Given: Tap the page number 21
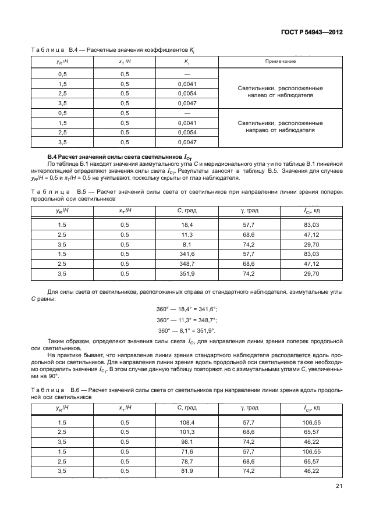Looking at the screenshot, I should (x=339, y=487).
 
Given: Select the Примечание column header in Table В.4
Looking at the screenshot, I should (x=281, y=60).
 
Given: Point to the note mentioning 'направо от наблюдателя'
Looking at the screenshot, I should (x=281, y=127).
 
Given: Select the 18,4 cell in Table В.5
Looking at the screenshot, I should (x=187, y=224).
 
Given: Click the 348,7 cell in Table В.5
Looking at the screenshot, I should (x=187, y=263).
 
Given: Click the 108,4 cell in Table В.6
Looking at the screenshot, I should (x=187, y=422).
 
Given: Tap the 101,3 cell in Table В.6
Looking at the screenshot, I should (x=187, y=432).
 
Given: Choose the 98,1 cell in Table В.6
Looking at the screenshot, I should (x=187, y=441).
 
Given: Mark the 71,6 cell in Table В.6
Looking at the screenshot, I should (x=187, y=451).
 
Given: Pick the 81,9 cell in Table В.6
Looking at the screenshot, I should (x=187, y=471).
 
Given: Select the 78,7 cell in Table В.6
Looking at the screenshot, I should (x=187, y=461).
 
